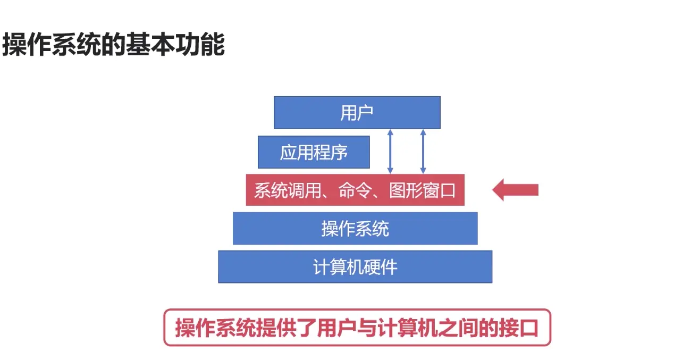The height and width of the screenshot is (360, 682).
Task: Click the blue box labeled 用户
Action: tap(357, 112)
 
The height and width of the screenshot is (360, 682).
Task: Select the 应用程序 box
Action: tap(314, 152)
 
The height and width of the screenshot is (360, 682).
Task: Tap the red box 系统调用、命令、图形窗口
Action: tap(355, 190)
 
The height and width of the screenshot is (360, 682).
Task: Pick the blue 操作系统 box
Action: tap(355, 229)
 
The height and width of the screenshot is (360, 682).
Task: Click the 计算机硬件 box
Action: tap(355, 266)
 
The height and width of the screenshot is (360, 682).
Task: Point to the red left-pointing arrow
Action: tap(515, 190)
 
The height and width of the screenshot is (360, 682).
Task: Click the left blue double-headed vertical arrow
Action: tap(390, 151)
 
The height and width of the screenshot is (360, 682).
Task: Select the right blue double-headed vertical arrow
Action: tap(423, 151)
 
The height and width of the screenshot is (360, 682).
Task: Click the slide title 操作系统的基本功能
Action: tap(113, 45)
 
